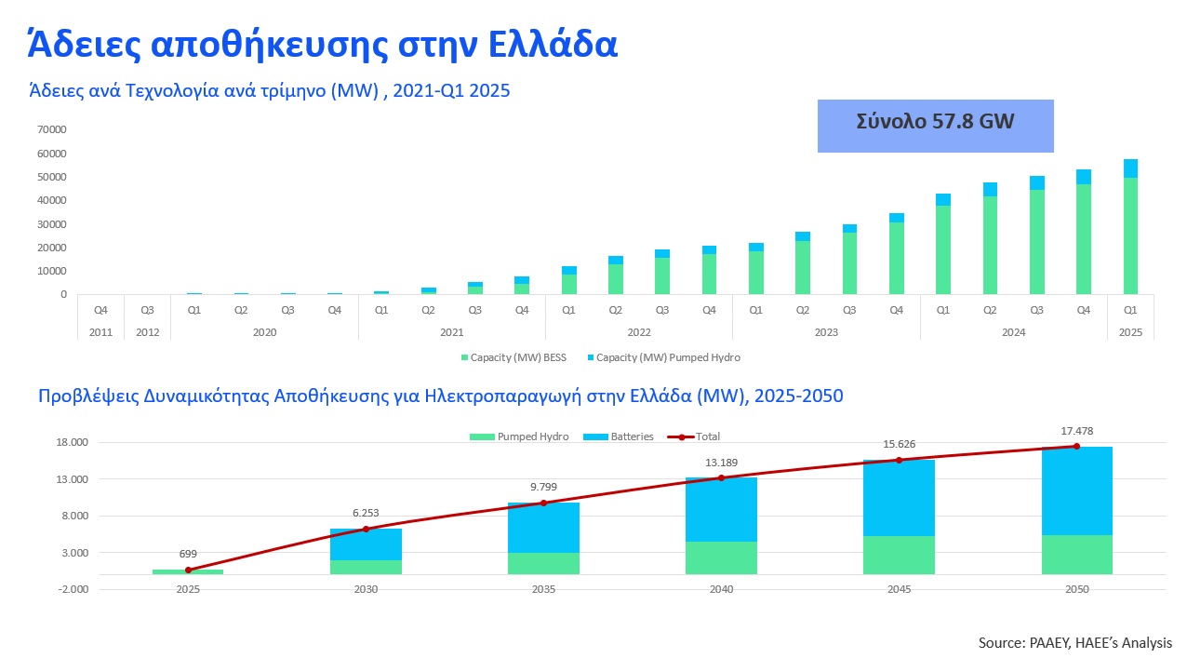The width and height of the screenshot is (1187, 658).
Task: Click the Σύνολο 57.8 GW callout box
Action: (x=935, y=126)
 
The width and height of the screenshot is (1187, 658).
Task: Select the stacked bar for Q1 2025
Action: (x=1130, y=226)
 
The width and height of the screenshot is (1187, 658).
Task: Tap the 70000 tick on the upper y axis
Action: (x=51, y=129)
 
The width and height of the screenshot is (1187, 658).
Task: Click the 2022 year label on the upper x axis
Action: (x=639, y=332)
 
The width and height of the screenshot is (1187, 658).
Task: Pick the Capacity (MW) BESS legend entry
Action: (x=513, y=357)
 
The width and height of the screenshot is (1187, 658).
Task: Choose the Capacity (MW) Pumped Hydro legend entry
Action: (x=663, y=357)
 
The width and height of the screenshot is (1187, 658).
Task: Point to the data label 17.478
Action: (x=1077, y=431)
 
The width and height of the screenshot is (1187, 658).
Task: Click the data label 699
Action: (x=188, y=554)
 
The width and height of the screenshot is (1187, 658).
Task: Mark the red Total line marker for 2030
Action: (x=366, y=530)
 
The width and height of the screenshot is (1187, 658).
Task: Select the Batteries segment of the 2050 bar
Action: (x=1077, y=491)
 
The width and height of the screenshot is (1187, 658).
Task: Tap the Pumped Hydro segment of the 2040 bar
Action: (x=721, y=557)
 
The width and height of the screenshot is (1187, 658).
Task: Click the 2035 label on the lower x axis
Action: (x=543, y=589)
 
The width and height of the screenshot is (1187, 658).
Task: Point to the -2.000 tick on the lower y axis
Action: (x=73, y=589)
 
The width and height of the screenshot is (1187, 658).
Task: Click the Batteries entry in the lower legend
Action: (x=619, y=436)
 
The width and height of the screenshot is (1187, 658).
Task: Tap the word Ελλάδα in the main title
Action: (x=553, y=45)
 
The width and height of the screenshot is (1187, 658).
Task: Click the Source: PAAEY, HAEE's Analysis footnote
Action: (x=1075, y=642)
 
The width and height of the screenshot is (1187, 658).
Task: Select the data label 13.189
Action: (x=721, y=463)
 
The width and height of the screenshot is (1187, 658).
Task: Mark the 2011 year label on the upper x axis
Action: (x=100, y=332)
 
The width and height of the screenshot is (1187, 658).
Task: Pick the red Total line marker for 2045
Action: (x=900, y=461)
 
